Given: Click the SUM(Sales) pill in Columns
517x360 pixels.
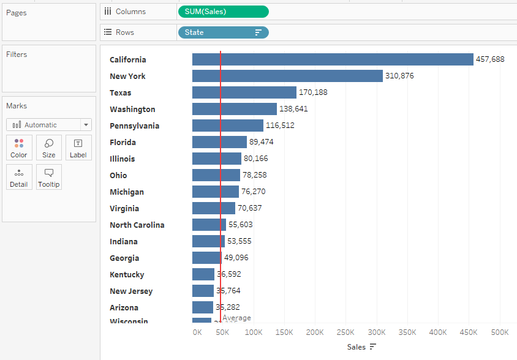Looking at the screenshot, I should (x=222, y=12).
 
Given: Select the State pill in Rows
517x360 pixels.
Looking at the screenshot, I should (x=222, y=32).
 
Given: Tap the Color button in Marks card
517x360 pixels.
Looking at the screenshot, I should (x=19, y=148).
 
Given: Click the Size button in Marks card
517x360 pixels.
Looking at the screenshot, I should (x=49, y=148).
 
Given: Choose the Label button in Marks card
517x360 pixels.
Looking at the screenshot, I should (x=78, y=148).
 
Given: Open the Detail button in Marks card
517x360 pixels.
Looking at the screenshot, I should (x=19, y=177).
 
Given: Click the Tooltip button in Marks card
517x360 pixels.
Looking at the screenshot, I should (x=49, y=177).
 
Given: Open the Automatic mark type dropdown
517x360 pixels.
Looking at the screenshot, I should (x=49, y=125).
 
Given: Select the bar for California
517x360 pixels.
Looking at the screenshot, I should (x=333, y=59).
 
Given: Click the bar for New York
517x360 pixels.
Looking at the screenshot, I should (x=287, y=76).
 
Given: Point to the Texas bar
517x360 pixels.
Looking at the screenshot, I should (x=244, y=92).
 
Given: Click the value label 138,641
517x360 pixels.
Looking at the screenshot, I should (x=293, y=109).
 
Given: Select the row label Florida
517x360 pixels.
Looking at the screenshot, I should (x=123, y=142).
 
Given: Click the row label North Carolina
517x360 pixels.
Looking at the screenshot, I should (x=137, y=225).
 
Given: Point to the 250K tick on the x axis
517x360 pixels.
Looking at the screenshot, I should (x=345, y=332).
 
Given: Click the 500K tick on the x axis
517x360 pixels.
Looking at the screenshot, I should (x=499, y=332).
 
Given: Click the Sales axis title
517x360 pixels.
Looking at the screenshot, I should (x=357, y=347).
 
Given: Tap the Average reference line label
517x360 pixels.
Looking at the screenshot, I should (x=236, y=318).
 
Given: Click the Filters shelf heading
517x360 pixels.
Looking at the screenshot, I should (x=17, y=54).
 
